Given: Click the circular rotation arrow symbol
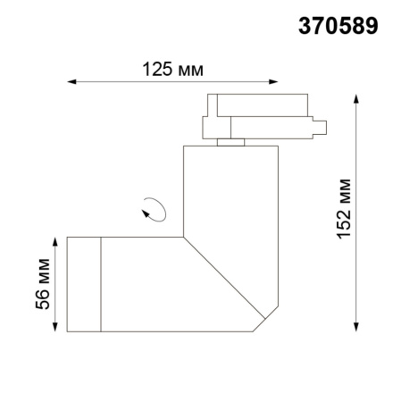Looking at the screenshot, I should pyautogui.click(x=154, y=210).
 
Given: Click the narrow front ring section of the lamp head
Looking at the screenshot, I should pyautogui.click(x=85, y=283).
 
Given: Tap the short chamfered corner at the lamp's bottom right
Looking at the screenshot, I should pyautogui.click(x=265, y=320).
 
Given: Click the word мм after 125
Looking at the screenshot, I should pyautogui.click(x=189, y=67).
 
